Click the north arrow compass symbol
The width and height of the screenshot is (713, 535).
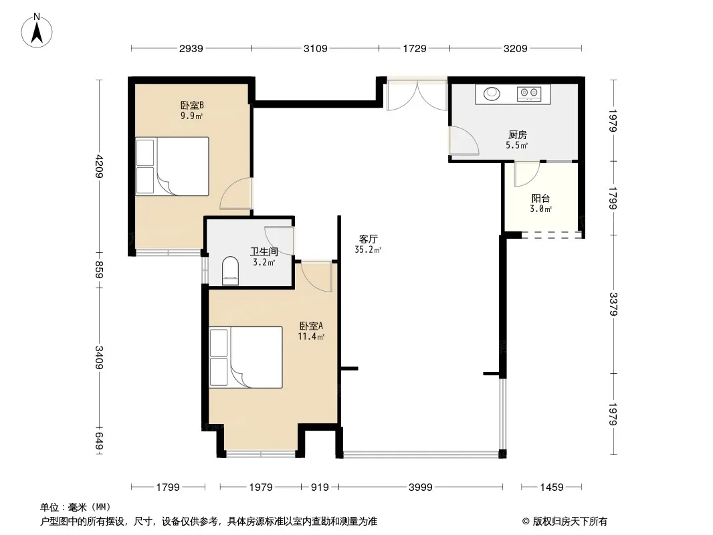pos(37,31)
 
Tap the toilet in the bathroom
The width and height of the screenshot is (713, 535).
pos(231,271)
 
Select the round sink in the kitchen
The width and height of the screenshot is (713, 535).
pos(492,94)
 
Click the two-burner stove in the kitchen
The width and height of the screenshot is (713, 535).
pos(529,94)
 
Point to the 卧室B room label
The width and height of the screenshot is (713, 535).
pos(192,106)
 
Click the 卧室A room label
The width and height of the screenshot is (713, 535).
pos(311,326)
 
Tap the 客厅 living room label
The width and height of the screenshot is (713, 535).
pos(369,239)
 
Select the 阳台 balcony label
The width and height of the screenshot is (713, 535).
pos(540,198)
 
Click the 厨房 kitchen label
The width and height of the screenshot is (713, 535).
pos(518,134)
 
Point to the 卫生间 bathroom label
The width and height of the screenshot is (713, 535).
pos(264,251)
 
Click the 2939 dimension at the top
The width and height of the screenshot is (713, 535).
pos(191,48)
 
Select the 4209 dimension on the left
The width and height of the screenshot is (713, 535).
pos(100,167)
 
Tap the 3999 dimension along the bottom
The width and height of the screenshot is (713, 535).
pos(421,488)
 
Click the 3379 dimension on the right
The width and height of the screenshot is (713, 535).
pos(613,304)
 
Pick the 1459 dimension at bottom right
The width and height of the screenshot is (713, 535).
pos(552,488)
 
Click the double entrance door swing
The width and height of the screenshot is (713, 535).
pos(417,95)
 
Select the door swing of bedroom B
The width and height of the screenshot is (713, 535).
pos(236,194)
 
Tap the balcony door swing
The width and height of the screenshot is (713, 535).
pos(526,174)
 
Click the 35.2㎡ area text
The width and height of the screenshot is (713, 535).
pos(368,249)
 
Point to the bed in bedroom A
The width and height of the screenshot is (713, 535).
pos(245,357)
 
